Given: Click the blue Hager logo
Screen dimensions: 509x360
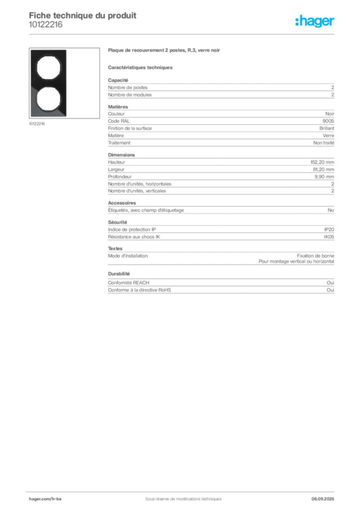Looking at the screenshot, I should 315,21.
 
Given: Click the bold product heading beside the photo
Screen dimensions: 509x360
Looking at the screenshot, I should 165,51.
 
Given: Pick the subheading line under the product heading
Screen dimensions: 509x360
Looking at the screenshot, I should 141,67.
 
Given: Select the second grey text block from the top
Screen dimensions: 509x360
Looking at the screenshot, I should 220,127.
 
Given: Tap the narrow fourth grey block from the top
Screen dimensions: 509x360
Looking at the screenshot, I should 220,209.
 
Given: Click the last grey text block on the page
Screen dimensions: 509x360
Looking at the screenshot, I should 220,284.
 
